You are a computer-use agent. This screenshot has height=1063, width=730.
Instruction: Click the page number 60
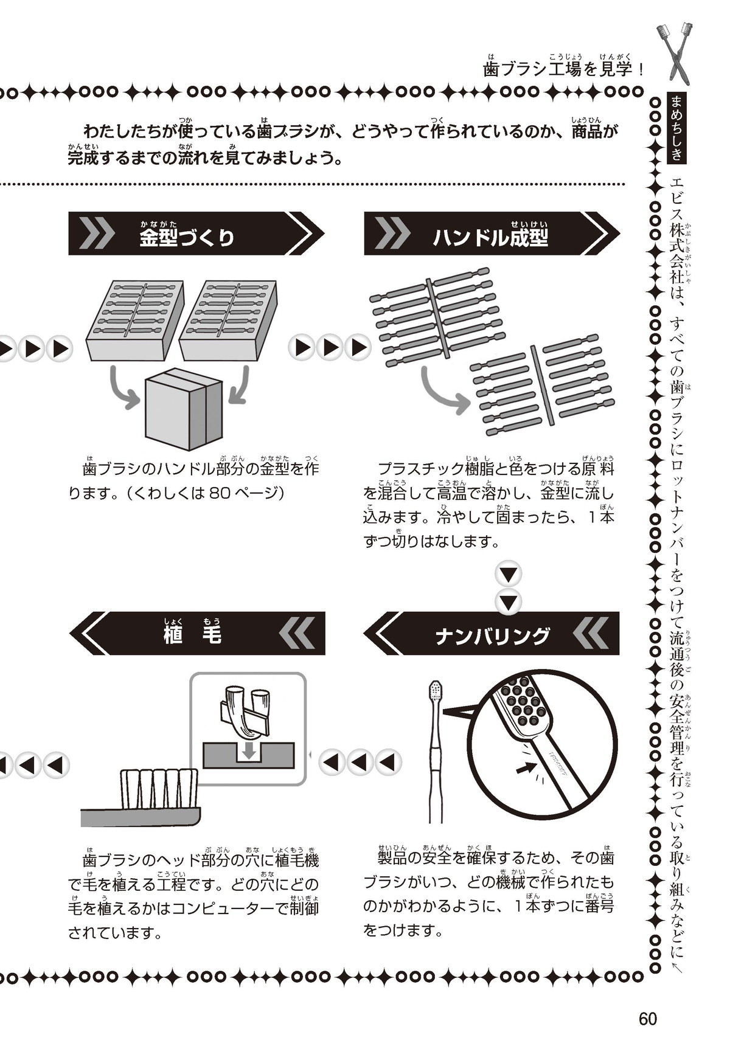(x=648, y=1018)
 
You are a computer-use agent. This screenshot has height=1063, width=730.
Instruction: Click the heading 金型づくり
(x=187, y=237)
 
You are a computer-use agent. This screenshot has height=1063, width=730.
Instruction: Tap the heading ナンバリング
(x=492, y=636)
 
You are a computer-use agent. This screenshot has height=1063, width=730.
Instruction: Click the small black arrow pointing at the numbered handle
(x=523, y=769)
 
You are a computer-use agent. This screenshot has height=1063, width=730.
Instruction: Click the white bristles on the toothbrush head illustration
(x=159, y=789)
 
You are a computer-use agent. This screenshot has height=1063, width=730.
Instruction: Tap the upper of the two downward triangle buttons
(x=509, y=574)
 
